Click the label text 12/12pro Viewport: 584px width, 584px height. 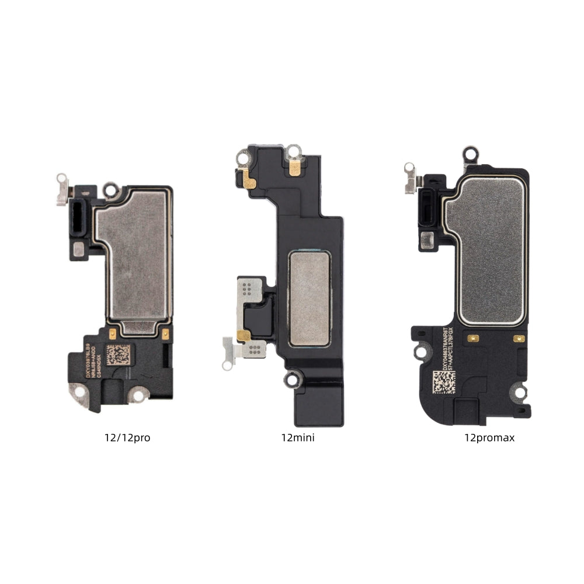coord(127,437)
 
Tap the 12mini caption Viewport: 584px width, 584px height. coord(297,437)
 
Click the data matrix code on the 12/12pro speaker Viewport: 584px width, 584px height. coord(118,355)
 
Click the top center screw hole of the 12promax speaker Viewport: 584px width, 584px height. coord(470,154)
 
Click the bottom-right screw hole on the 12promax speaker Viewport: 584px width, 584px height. coord(517,392)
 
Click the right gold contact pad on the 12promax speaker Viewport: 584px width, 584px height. coord(518,338)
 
